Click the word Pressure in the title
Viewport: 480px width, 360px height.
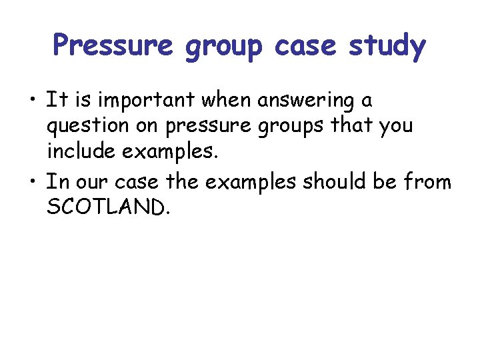[x=112, y=46]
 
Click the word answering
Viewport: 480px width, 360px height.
[x=299, y=101]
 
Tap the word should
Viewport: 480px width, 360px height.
[x=331, y=181]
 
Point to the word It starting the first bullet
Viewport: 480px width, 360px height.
[x=54, y=101]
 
